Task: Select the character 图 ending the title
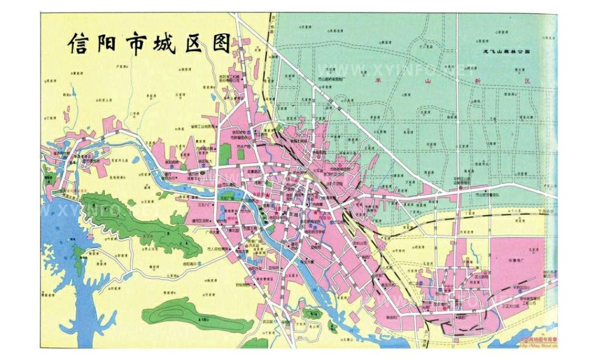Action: pyautogui.click(x=221, y=43)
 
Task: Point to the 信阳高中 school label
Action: pyautogui.click(x=207, y=265)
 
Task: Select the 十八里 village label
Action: pyautogui.click(x=516, y=212)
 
